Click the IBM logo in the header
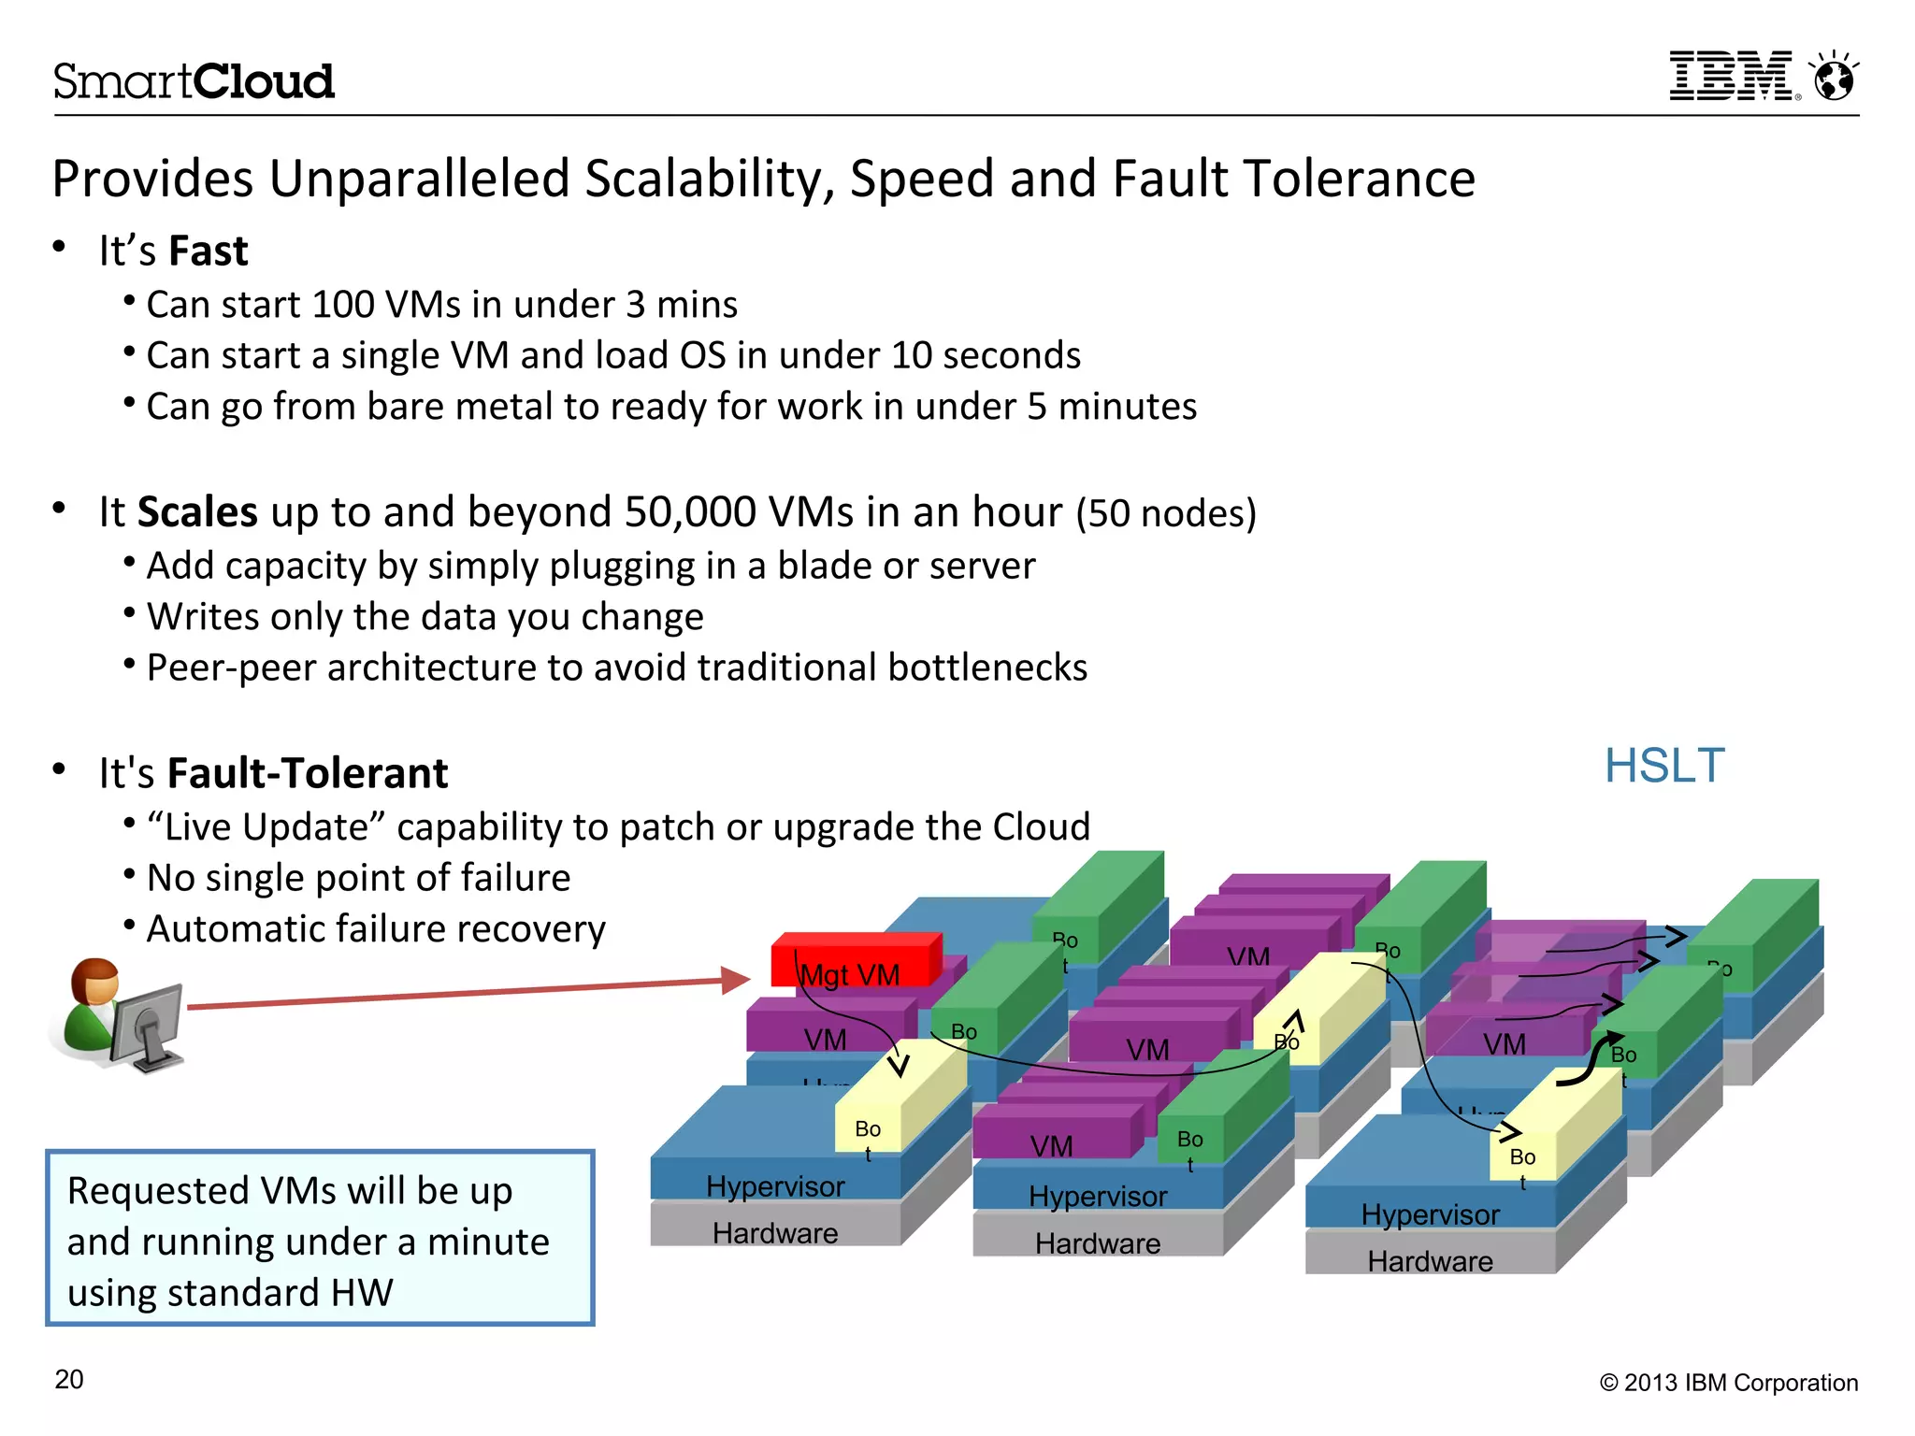click(x=1732, y=77)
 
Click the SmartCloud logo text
click(x=194, y=81)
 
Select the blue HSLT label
click(x=1664, y=766)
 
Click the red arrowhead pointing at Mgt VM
click(x=735, y=980)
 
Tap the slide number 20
click(x=69, y=1380)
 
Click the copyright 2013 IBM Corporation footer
click(x=1729, y=1383)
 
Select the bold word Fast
click(x=209, y=251)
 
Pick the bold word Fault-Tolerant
click(x=308, y=773)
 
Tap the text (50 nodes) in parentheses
click(x=1165, y=514)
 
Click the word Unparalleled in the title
click(x=419, y=179)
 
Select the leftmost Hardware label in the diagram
click(x=775, y=1234)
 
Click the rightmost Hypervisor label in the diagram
click(x=1430, y=1214)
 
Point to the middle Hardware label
click(x=1098, y=1244)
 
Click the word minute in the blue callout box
click(x=488, y=1242)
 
